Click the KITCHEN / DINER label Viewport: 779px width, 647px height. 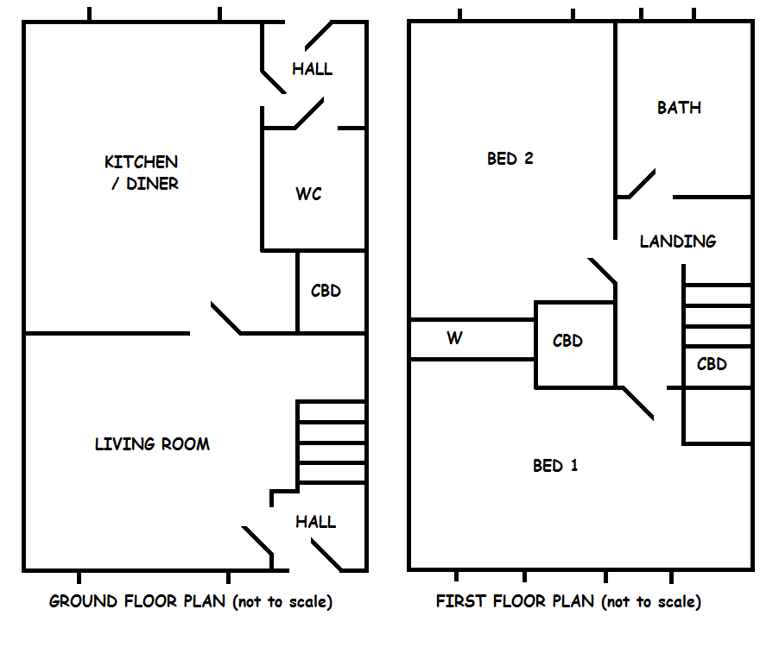click(142, 173)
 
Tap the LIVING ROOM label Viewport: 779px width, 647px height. click(152, 444)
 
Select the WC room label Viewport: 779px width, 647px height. click(308, 194)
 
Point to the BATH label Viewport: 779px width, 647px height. click(679, 108)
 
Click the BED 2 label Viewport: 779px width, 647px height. click(510, 159)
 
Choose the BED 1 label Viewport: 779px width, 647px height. click(555, 466)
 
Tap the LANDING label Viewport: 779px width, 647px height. click(678, 242)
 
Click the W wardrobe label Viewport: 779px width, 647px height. click(454, 338)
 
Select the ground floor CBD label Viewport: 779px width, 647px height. click(326, 291)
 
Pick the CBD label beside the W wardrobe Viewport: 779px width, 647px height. click(567, 341)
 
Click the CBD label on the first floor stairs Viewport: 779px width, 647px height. click(712, 364)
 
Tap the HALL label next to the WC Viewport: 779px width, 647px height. click(312, 69)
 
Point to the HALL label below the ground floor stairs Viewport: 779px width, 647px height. click(315, 522)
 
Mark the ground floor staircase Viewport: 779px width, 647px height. click(332, 443)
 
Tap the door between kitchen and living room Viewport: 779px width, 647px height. click(225, 317)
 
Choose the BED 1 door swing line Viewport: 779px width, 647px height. click(638, 403)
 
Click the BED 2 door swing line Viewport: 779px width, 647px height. click(602, 270)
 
